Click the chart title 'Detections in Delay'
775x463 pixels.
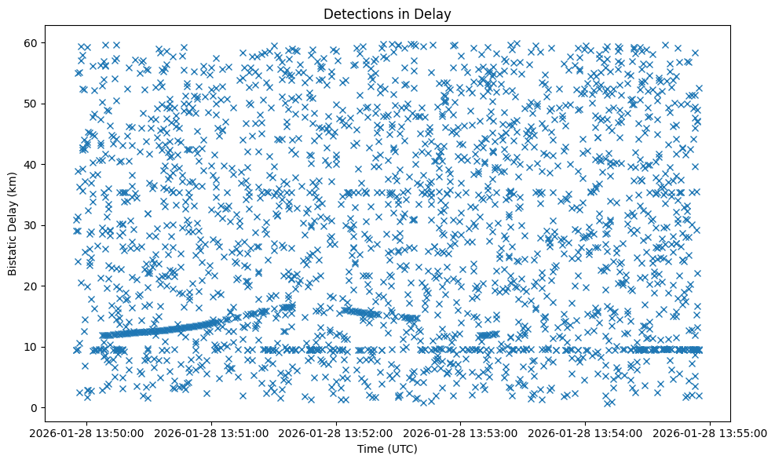tap(387, 13)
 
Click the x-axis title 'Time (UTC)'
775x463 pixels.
tap(387, 449)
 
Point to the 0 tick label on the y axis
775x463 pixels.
tap(35, 407)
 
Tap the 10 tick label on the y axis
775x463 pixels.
tap(31, 347)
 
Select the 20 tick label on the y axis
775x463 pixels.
tap(31, 286)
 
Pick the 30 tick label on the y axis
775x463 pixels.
tap(31, 225)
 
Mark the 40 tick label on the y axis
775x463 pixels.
tap(31, 164)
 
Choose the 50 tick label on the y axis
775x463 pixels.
tap(31, 104)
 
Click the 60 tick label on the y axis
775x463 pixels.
tap(31, 42)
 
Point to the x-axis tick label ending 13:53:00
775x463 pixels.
tap(461, 432)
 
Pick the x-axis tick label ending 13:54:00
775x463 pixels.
tap(585, 432)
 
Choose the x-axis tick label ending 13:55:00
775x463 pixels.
tap(709, 432)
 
